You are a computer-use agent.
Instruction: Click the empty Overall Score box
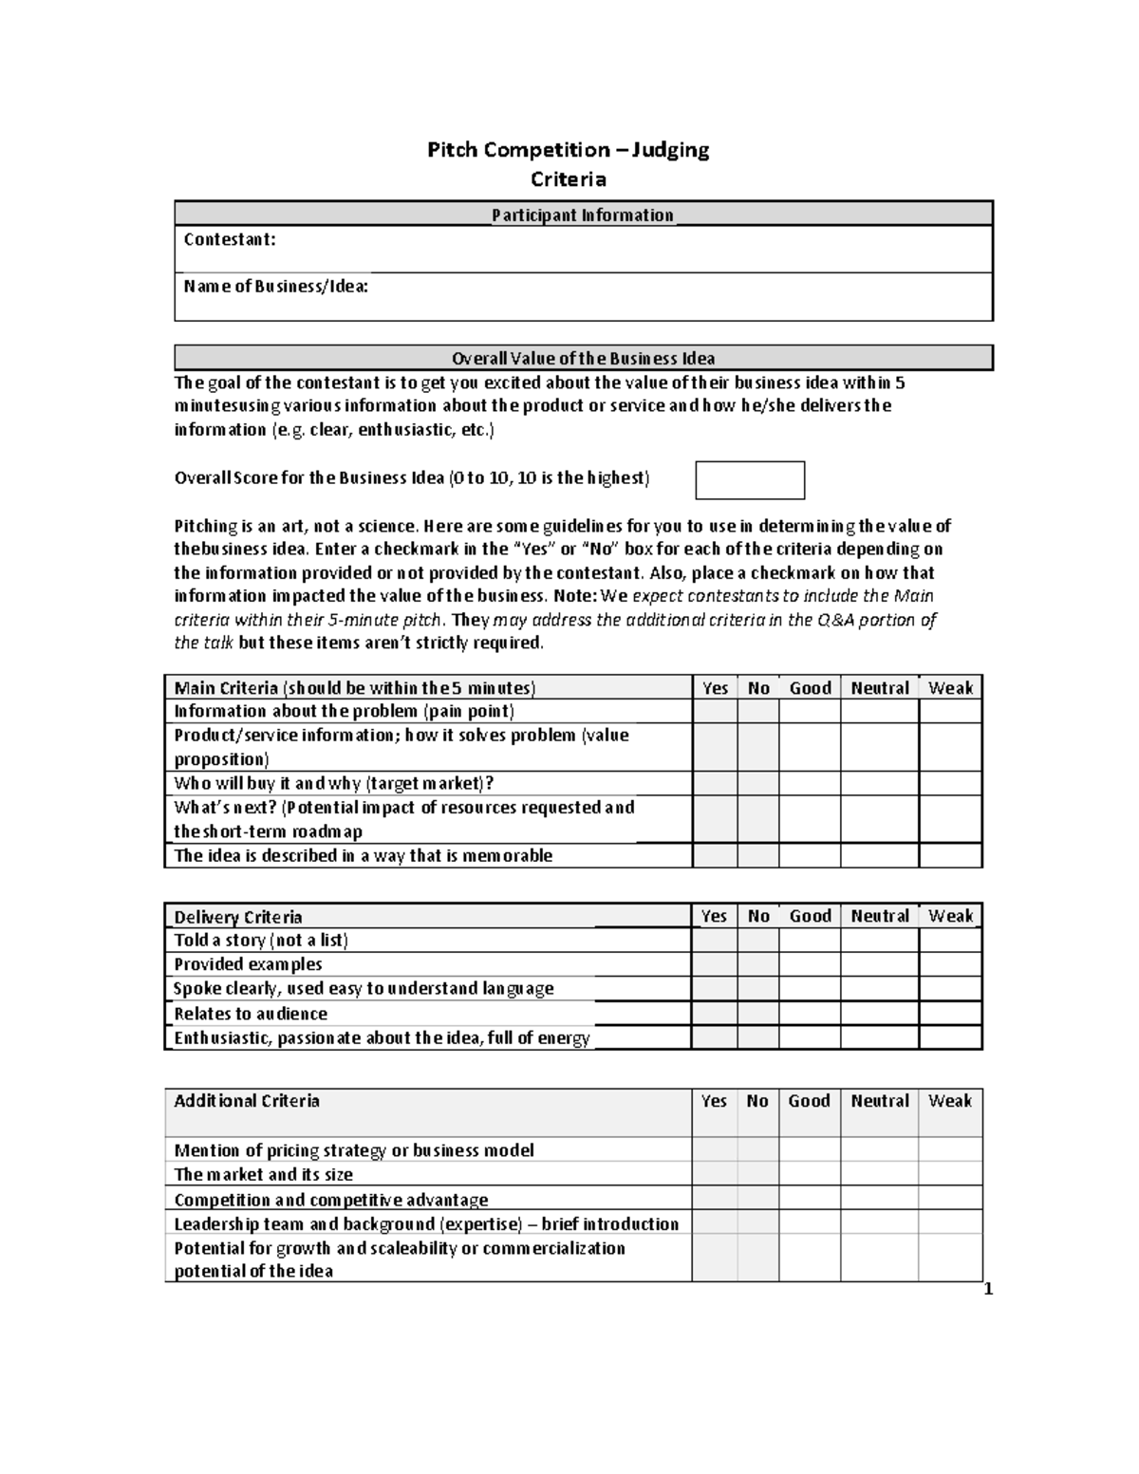750,480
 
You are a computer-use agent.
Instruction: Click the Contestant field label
230,240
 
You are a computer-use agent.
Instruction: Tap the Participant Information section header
583,215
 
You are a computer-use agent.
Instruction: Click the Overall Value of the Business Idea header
583,359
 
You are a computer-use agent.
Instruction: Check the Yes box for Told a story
714,941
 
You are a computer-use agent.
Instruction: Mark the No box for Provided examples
757,964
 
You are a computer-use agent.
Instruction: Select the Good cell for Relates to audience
810,1014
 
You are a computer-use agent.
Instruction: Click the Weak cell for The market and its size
950,1174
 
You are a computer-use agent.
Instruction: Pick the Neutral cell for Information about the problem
879,712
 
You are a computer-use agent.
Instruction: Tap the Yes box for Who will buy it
715,783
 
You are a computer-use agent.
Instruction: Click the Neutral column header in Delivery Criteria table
879,916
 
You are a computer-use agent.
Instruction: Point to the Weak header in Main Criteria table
950,688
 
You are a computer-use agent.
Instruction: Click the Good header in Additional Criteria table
809,1101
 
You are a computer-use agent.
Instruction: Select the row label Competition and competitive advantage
331,1200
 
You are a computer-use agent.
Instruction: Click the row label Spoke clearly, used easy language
364,989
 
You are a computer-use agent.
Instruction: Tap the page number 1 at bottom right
988,1289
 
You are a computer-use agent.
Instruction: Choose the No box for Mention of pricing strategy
757,1150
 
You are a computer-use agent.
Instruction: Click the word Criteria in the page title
568,179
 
